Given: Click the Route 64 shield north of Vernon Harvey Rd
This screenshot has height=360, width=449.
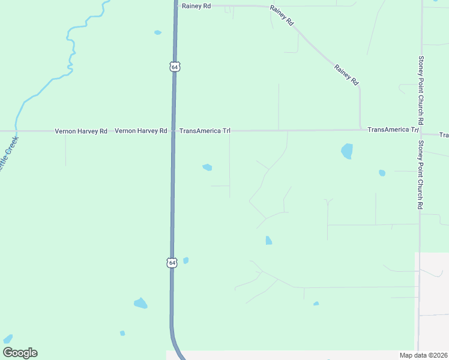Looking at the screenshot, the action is pos(174,67).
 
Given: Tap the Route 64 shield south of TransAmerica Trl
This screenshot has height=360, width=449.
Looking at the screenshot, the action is pos(172,263).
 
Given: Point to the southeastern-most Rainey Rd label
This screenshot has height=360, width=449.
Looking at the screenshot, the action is pos(346,74).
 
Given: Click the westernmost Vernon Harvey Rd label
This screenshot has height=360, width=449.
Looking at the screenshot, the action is pos(81,131).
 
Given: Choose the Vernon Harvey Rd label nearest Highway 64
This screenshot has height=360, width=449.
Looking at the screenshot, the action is pos(140,131).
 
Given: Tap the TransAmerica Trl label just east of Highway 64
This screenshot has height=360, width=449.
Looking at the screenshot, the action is pos(205,131).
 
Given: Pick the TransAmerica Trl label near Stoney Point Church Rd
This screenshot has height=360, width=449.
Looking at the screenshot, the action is pos(393,130).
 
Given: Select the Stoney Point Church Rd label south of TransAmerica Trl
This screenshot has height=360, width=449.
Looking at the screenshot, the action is pos(421,175).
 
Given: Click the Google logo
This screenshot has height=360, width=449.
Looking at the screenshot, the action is pos(20,353).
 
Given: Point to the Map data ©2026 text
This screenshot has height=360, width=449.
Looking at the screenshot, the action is pos(424,355).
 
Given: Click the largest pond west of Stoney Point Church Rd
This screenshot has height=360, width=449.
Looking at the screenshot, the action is pos(347,151).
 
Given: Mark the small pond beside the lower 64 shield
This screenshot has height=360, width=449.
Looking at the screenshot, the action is pos(185,260).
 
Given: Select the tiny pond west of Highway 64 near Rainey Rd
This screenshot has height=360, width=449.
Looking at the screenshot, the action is pos(157,32).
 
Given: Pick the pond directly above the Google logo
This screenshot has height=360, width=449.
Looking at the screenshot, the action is pos(8,338).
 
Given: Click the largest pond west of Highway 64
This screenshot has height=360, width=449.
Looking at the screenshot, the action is pos(140,303).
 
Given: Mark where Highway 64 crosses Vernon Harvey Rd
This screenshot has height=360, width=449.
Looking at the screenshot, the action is pos(173,131).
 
